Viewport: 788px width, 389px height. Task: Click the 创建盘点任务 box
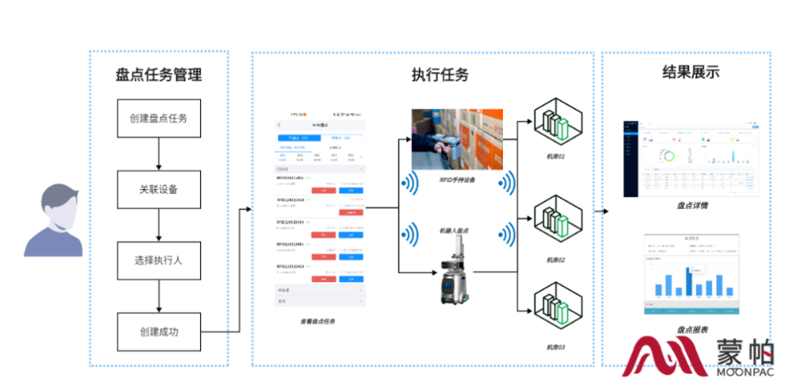click(x=158, y=118)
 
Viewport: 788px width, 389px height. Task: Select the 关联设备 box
click(x=158, y=189)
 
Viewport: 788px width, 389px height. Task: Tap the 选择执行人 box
click(x=158, y=261)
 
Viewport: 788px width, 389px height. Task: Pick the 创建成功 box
click(x=158, y=332)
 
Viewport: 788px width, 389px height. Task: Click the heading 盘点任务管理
click(x=159, y=75)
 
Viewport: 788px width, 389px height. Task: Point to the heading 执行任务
click(x=440, y=75)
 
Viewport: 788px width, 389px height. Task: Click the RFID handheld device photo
click(x=457, y=140)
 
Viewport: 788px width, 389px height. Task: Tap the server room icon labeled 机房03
click(x=556, y=308)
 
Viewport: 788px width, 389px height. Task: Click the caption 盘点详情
click(x=692, y=204)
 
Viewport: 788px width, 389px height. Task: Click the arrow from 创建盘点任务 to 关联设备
click(x=158, y=153)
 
